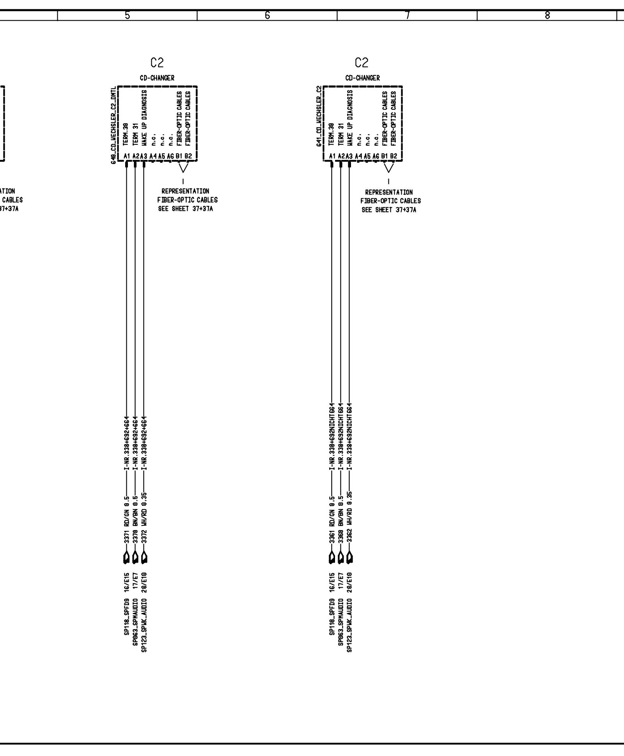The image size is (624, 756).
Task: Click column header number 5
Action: pyautogui.click(x=127, y=16)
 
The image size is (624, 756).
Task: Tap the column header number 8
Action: pyautogui.click(x=547, y=16)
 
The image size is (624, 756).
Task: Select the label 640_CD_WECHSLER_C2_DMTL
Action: pyautogui.click(x=113, y=125)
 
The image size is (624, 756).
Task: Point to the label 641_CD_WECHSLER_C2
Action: pyautogui.click(x=319, y=117)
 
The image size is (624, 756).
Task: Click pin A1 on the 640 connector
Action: pyautogui.click(x=126, y=156)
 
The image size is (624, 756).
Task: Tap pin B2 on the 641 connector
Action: pyautogui.click(x=393, y=156)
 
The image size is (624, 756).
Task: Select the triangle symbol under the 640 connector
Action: pyautogui.click(x=183, y=168)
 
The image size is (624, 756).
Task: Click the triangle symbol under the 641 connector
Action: pyautogui.click(x=388, y=168)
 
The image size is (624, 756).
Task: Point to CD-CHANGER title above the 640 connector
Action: pyautogui.click(x=157, y=78)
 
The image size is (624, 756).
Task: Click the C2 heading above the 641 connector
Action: pyautogui.click(x=362, y=62)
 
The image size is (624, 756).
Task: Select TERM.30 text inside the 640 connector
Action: pyautogui.click(x=126, y=134)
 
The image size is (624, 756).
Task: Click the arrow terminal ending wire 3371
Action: pyautogui.click(x=126, y=558)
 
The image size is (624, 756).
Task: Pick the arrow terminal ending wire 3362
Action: pyautogui.click(x=349, y=558)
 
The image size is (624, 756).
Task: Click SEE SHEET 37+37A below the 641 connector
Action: pyautogui.click(x=388, y=210)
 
